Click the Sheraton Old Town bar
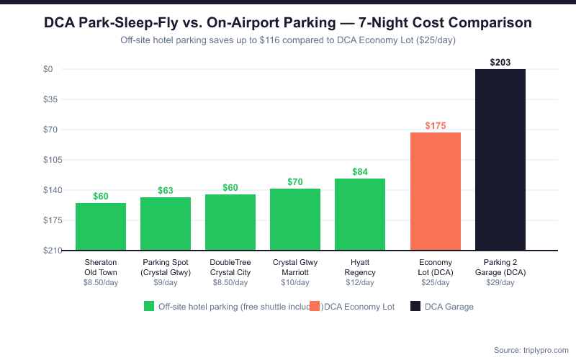click(x=101, y=227)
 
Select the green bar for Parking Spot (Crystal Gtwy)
click(x=166, y=224)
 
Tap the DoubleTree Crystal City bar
click(x=230, y=222)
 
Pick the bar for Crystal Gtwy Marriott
click(x=295, y=220)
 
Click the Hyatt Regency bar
click(x=360, y=215)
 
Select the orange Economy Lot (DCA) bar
click(x=436, y=192)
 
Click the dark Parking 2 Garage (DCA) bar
click(x=500, y=160)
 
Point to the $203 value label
click(x=500, y=63)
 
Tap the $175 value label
click(x=436, y=126)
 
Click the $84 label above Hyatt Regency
click(x=360, y=172)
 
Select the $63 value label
click(x=166, y=191)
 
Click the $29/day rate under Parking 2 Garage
click(x=500, y=283)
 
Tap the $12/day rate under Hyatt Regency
click(x=360, y=283)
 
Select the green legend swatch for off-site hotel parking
click(x=149, y=307)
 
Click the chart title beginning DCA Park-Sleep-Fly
click(x=288, y=23)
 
